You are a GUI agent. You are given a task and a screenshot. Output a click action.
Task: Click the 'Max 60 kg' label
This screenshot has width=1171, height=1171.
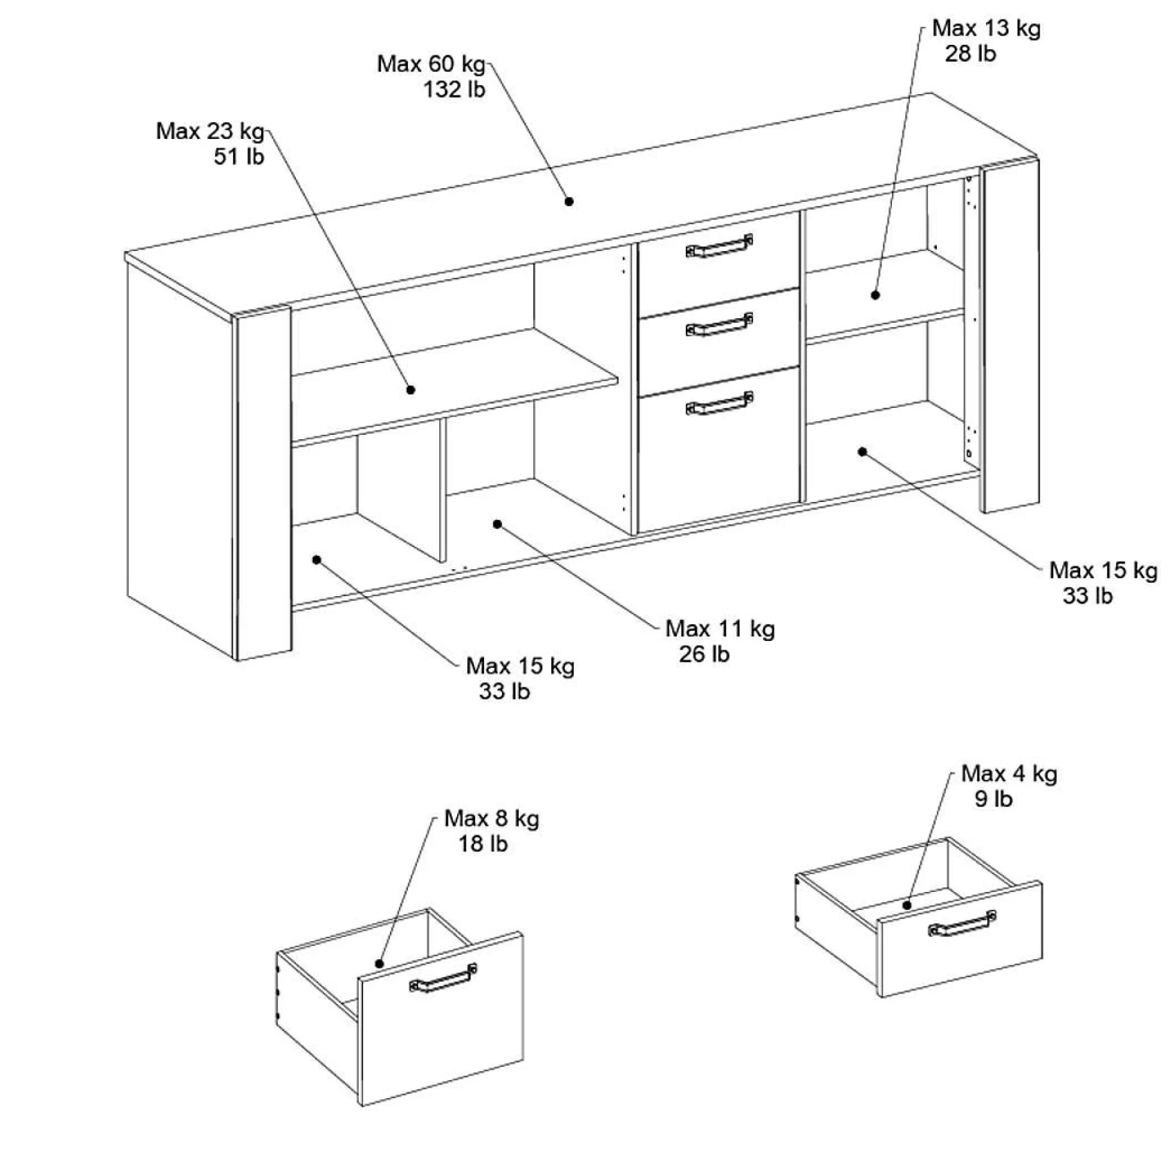point(431,64)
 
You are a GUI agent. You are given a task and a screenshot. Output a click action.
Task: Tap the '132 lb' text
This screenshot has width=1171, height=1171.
point(454,90)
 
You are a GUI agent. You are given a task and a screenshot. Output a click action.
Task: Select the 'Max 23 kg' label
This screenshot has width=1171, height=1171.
point(211,131)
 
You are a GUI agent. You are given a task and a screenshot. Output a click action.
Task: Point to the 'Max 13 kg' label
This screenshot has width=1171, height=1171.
point(987,28)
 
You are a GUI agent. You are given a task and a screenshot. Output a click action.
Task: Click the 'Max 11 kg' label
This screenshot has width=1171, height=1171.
point(720,629)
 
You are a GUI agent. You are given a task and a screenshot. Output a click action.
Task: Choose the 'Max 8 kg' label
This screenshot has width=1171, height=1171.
point(491,818)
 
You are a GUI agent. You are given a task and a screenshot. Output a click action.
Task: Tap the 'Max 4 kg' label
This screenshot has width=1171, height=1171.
point(1009,774)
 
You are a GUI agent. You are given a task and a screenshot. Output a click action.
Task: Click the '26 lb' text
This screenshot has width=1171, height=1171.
point(704,655)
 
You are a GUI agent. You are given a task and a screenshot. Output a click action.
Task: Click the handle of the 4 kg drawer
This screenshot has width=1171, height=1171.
point(962,924)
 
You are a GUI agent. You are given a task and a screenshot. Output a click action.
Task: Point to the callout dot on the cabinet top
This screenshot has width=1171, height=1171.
point(569,201)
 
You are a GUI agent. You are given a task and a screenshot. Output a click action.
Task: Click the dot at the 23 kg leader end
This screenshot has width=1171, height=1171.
point(410,390)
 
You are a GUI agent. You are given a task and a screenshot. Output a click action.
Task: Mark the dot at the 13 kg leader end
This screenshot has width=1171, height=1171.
point(875,295)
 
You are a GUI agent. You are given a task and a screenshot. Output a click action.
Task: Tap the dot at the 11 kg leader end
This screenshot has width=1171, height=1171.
point(497,524)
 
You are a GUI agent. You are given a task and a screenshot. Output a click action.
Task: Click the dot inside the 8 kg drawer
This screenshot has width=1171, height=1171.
point(379,964)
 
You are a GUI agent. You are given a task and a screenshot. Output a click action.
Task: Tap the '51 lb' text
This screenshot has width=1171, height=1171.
point(239,156)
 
